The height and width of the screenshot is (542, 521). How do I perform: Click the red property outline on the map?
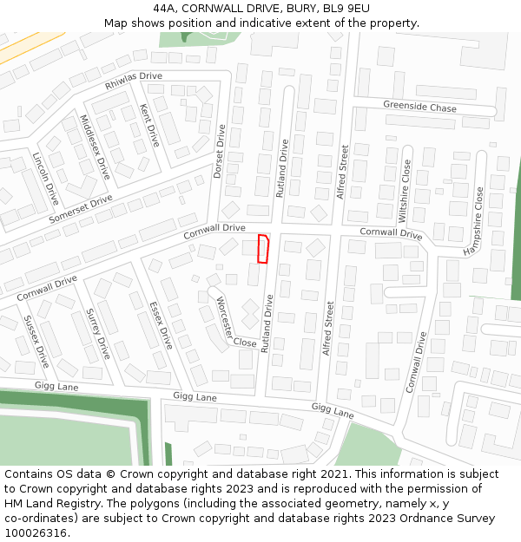[263, 248]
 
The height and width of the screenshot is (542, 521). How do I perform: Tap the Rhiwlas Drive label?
[134, 81]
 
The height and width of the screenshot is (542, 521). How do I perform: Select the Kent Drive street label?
[149, 125]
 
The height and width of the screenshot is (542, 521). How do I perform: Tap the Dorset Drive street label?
[220, 152]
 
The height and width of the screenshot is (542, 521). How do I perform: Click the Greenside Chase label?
[419, 108]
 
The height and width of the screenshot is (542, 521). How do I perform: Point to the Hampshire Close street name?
[473, 221]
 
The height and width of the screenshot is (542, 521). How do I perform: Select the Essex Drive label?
[161, 324]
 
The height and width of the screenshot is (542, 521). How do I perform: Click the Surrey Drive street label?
[97, 336]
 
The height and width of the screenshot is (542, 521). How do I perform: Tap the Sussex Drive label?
[36, 341]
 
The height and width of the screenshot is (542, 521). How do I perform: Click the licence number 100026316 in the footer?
[36, 532]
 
